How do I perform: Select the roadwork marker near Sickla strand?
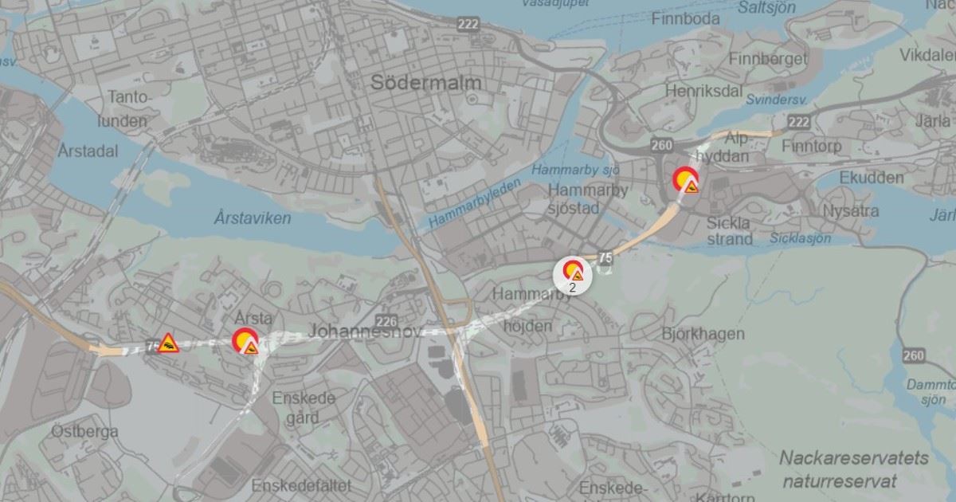[x=685, y=181]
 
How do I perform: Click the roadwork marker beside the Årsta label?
[x=246, y=342]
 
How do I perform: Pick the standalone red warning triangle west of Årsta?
[x=168, y=343]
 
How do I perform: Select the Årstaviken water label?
[x=253, y=218]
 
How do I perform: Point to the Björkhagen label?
[x=703, y=333]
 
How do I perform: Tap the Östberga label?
[x=84, y=431]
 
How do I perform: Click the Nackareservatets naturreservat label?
[x=853, y=469]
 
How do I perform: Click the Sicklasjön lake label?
[x=801, y=238]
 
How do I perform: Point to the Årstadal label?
[x=88, y=151]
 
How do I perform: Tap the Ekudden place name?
[x=872, y=177]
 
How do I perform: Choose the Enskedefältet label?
[x=301, y=485]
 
